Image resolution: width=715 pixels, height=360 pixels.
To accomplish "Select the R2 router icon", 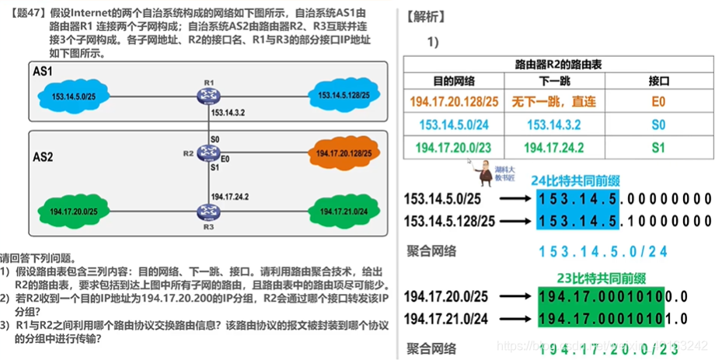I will [208, 153].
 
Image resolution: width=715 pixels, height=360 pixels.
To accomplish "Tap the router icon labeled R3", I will [208, 211].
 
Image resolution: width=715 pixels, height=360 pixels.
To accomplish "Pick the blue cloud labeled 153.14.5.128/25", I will [343, 95].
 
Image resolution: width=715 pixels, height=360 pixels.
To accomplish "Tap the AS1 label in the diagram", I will [44, 71].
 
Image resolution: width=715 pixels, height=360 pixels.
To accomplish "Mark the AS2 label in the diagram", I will [44, 156].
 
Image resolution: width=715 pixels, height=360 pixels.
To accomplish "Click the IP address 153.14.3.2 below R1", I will [228, 113].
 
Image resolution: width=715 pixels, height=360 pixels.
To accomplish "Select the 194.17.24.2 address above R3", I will [230, 196].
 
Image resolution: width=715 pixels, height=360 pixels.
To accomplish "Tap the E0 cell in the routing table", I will [658, 102].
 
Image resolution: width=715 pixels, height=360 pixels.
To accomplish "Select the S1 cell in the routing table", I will [658, 147].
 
